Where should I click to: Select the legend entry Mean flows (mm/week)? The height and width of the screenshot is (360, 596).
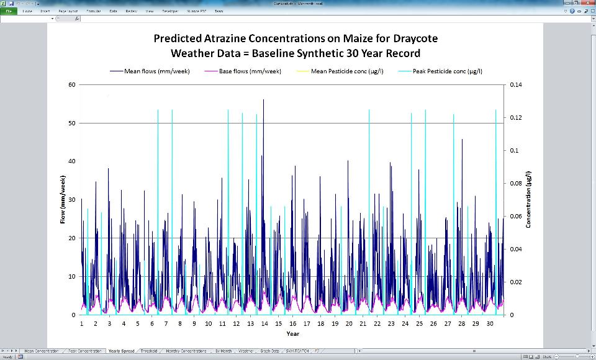[158, 71]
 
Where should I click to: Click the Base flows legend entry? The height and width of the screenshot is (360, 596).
[250, 71]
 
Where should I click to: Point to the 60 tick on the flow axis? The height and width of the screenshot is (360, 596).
[72, 84]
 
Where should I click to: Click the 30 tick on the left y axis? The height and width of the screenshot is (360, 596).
[72, 200]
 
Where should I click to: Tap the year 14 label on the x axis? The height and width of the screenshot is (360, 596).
[264, 323]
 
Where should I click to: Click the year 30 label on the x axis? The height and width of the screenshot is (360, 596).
[489, 323]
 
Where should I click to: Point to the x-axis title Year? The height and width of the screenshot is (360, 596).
[293, 333]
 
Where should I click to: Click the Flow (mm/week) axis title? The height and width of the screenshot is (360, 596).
[63, 200]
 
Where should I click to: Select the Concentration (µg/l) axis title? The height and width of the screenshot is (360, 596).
[529, 200]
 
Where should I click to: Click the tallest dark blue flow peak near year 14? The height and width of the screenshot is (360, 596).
[263, 101]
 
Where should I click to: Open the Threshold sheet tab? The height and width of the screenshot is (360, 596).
[149, 351]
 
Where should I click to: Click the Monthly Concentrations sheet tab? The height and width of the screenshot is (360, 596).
[186, 351]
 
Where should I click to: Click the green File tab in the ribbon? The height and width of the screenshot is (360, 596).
[9, 11]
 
